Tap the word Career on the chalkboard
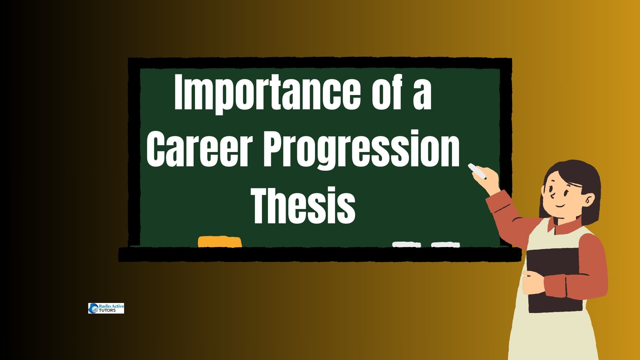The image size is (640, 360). (x=198, y=149)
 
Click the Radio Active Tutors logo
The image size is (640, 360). (x=106, y=308)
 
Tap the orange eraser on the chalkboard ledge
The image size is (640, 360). (x=220, y=242)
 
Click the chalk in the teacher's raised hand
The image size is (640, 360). (x=477, y=171)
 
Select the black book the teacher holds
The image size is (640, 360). (x=555, y=280)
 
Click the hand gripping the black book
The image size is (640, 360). (x=533, y=282)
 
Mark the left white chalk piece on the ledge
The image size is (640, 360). (x=407, y=244)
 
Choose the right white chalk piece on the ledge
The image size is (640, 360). (x=446, y=244)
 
